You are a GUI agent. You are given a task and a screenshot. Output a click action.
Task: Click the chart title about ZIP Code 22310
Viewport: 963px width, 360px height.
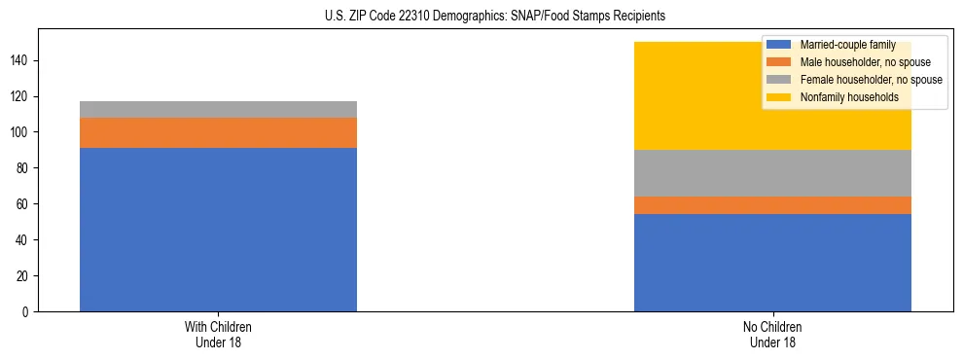coord(495,17)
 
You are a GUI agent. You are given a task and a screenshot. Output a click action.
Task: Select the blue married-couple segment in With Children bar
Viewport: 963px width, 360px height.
coord(218,230)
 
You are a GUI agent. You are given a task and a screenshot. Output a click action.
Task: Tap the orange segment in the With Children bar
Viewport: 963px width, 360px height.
coord(218,132)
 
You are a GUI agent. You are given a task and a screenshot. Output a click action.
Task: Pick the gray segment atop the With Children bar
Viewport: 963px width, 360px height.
coord(218,109)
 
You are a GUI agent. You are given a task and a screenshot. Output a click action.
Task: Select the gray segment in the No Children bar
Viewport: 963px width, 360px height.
coord(772,173)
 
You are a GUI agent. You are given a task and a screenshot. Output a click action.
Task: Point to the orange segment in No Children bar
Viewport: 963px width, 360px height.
coord(772,205)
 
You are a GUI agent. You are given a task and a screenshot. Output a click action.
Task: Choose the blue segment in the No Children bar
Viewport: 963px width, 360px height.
coord(772,263)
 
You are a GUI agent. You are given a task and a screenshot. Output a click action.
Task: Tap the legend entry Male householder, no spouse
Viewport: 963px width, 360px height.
coord(857,62)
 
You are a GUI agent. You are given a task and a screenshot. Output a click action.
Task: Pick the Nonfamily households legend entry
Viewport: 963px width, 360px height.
coord(841,97)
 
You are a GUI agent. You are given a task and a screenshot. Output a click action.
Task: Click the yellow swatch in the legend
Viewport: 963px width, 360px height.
coord(779,97)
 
